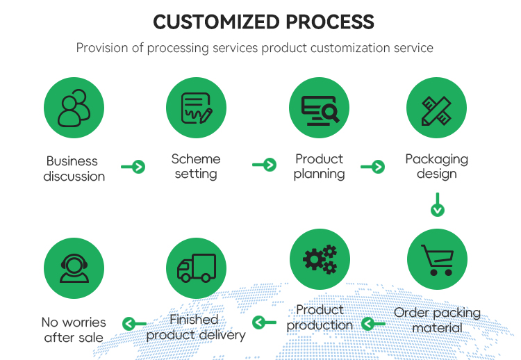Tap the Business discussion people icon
74,107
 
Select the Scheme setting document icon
196,107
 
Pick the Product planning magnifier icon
319,107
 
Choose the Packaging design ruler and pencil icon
436,107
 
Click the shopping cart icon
436,259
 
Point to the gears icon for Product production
319,259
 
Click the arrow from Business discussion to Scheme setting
133,167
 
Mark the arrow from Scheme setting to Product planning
265,165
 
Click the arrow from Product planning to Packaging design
373,166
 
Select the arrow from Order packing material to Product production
374,323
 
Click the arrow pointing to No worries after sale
134,323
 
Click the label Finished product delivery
195,327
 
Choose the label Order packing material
437,320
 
